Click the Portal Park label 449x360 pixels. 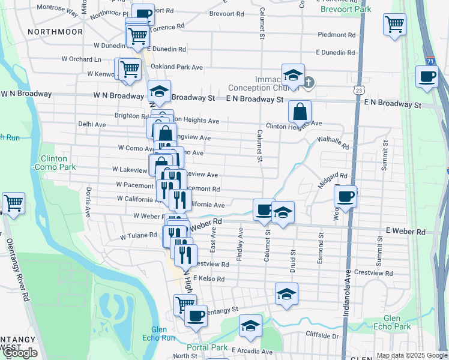pos(207,347)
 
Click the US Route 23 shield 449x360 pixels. pos(358,89)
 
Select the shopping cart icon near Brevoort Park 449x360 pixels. pos(394,25)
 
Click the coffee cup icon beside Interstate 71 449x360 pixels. pos(427,76)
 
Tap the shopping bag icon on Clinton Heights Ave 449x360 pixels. pos(300,111)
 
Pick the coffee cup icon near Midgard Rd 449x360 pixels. pos(345,196)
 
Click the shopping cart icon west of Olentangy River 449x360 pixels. pos(13,203)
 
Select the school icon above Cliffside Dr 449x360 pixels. pos(250,326)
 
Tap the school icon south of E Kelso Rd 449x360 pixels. pos(286,294)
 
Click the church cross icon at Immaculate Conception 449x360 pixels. pos(309,82)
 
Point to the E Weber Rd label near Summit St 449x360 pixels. pos(405,232)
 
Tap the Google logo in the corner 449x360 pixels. pos(19,353)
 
